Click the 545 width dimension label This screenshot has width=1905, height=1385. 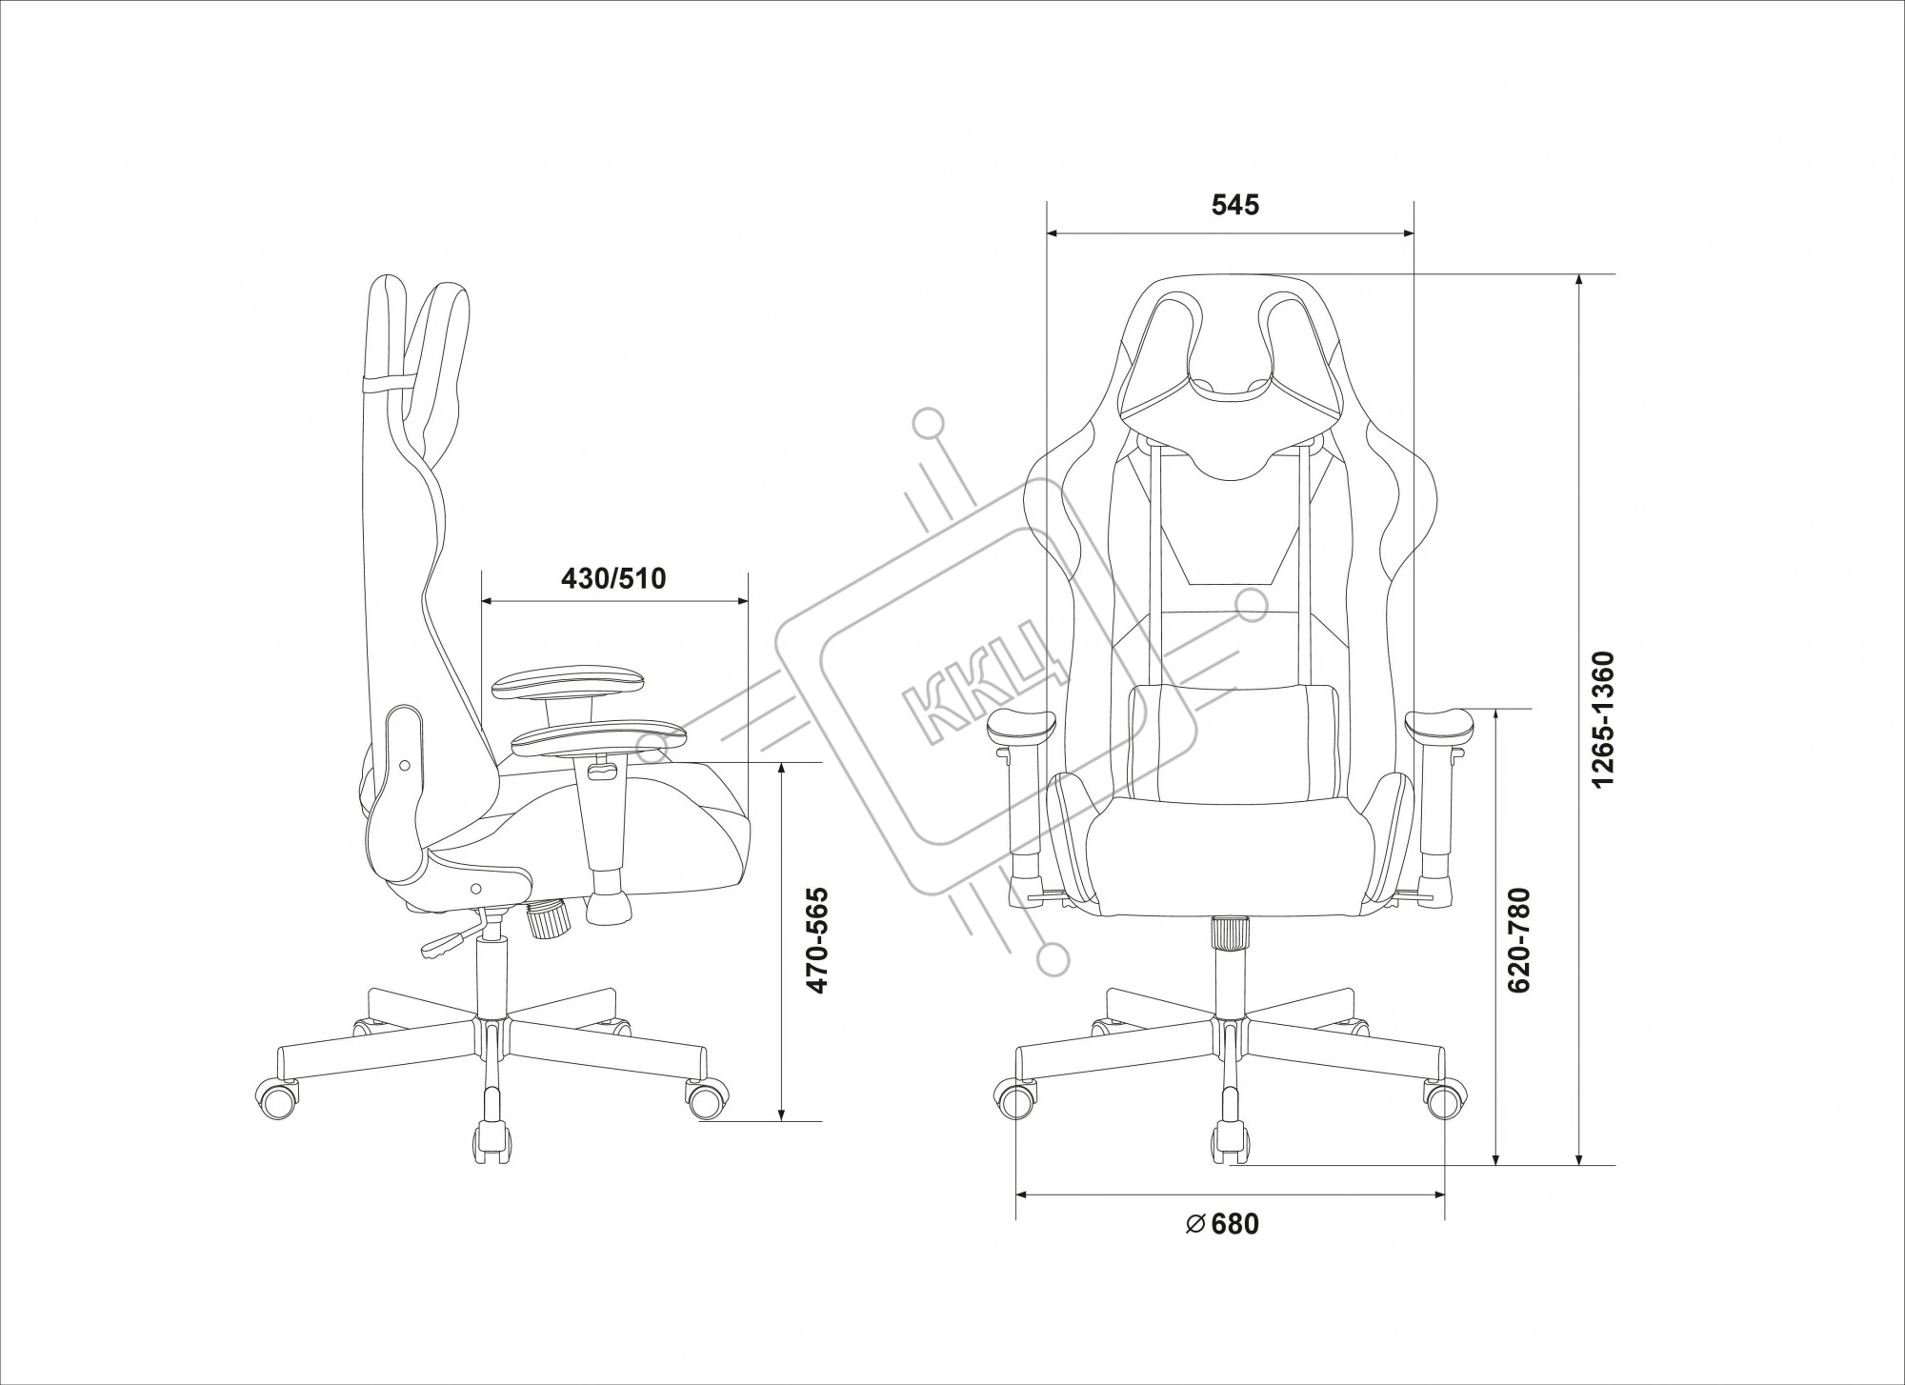click(1235, 205)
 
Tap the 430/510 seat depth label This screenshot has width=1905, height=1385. click(613, 578)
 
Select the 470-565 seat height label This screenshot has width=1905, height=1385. click(817, 941)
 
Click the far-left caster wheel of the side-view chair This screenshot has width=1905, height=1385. click(278, 1099)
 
